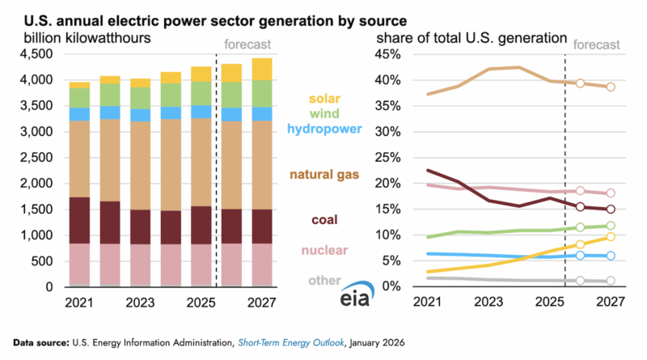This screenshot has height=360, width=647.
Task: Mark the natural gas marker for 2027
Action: (611, 87)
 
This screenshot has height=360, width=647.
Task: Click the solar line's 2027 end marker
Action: (611, 236)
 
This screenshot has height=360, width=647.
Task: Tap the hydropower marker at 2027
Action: (611, 256)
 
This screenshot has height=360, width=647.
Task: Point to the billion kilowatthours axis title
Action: (88, 37)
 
